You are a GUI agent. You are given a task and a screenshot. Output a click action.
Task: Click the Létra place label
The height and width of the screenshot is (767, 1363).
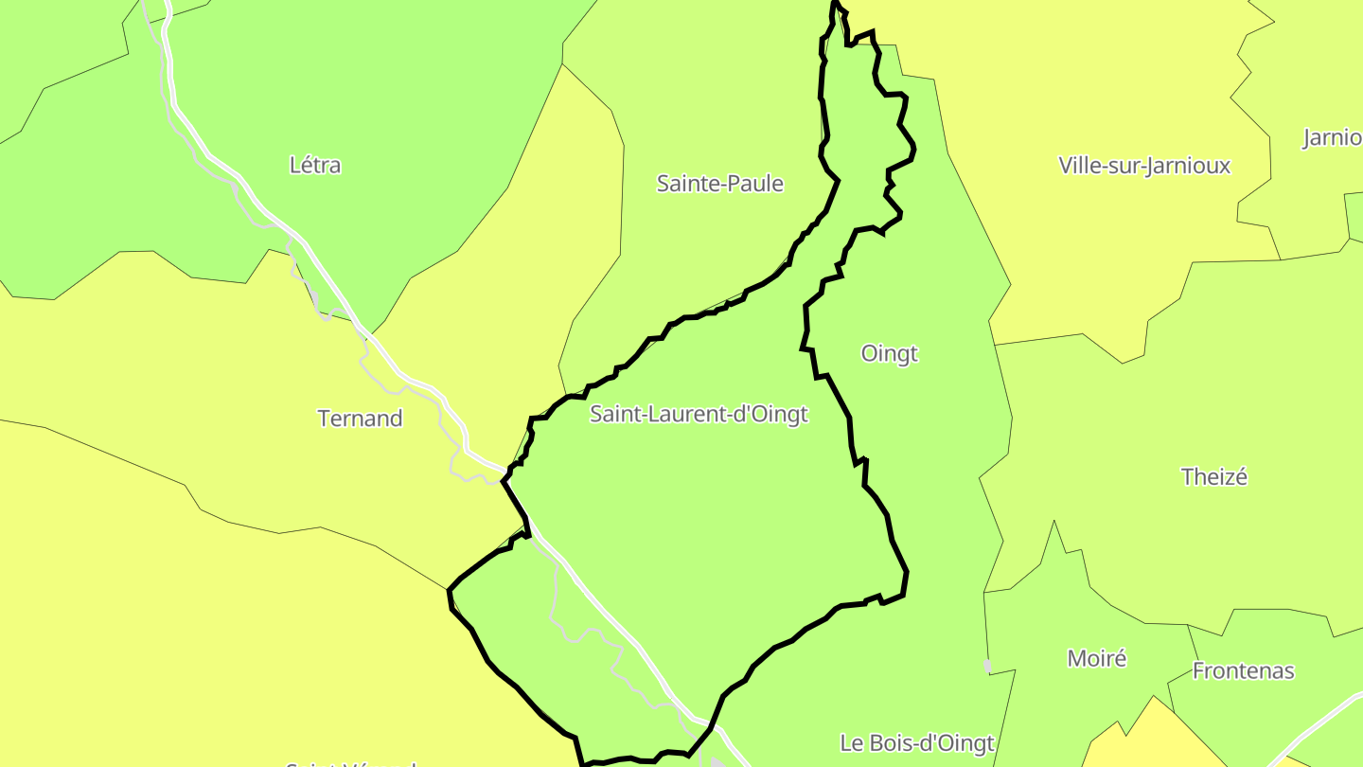tap(315, 166)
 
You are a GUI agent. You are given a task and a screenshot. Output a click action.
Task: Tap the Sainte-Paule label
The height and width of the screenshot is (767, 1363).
tap(720, 184)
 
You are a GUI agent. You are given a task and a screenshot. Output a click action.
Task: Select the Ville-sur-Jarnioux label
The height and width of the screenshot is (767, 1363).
tap(1144, 166)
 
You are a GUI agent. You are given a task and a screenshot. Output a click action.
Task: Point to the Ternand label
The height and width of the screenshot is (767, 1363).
tap(360, 419)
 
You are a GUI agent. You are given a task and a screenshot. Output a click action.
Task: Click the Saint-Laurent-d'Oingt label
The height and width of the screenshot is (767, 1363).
tap(699, 414)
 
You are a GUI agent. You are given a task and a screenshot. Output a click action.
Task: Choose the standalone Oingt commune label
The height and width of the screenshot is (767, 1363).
tap(890, 354)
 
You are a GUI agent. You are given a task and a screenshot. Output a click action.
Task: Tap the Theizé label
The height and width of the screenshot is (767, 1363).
tap(1214, 477)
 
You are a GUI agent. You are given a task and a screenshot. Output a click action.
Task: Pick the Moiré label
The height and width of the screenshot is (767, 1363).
tap(1097, 658)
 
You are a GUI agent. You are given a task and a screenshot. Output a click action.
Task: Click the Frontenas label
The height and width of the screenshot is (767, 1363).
tap(1243, 671)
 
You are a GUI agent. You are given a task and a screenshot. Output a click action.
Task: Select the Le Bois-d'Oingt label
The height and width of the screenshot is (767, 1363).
tap(917, 743)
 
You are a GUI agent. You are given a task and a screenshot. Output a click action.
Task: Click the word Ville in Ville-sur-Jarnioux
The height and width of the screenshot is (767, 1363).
tap(1080, 166)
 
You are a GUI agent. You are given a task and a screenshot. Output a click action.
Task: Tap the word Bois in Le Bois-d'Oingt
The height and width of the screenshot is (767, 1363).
tap(888, 743)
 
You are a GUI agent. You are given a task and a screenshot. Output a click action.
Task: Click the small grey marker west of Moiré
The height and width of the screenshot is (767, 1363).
tap(988, 666)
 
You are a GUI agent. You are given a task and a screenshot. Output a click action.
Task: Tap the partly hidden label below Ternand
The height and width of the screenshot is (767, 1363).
tap(350, 762)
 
